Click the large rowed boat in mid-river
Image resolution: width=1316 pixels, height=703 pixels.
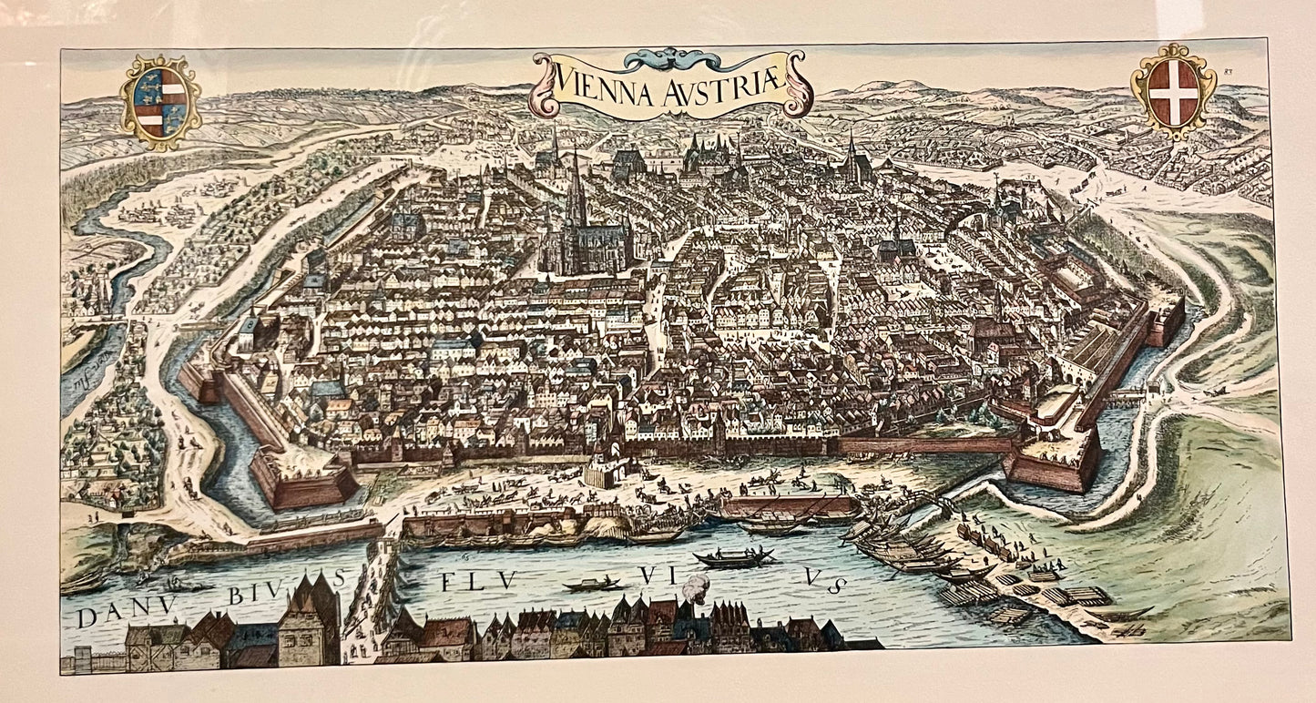coord(733,558)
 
